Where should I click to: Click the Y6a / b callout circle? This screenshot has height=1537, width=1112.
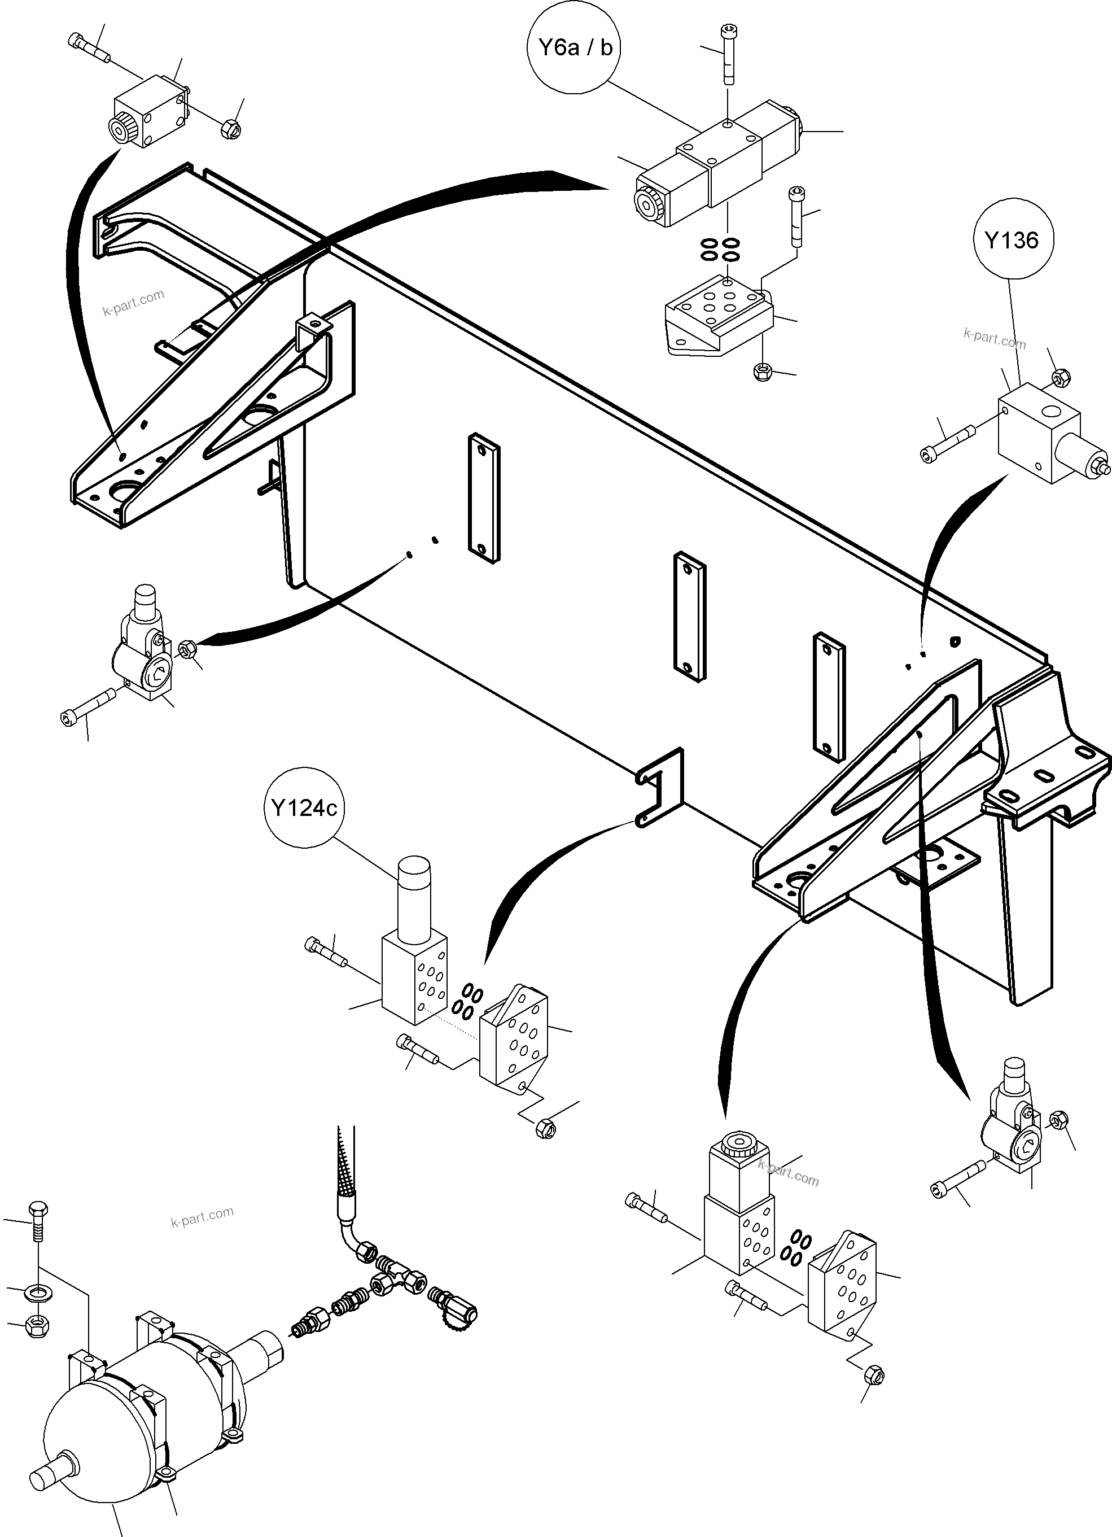point(575,47)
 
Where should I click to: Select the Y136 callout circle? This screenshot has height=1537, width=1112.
point(1011,240)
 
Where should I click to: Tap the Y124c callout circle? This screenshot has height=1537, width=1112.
point(304,808)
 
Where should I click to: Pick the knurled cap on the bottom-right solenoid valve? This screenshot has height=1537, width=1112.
point(741,1146)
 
